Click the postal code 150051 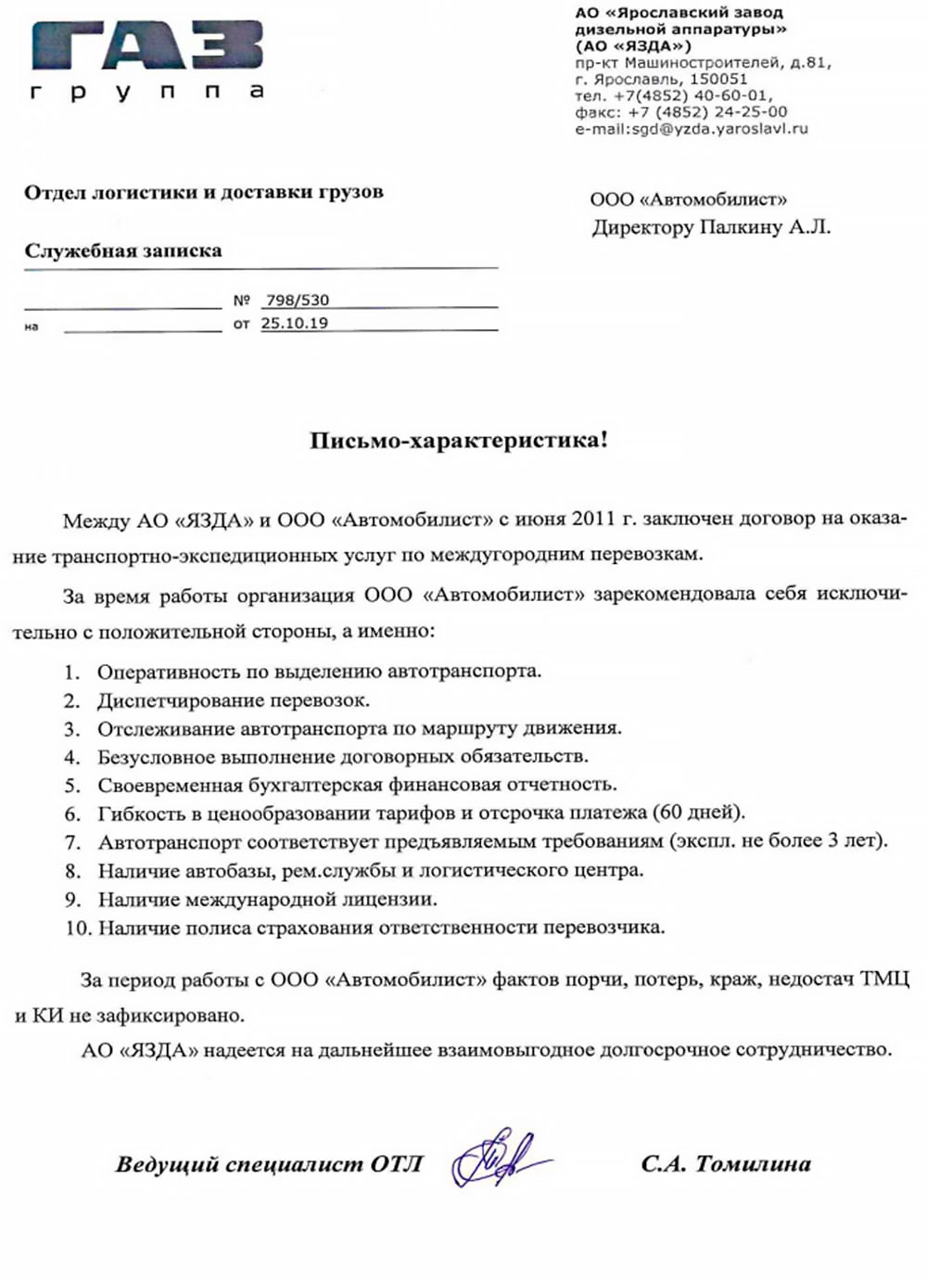[x=718, y=80]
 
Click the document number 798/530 [x=297, y=301]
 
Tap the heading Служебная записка [x=123, y=251]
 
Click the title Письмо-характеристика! [x=459, y=440]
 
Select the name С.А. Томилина [x=725, y=1163]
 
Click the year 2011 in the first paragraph [x=593, y=519]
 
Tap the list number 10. [x=78, y=928]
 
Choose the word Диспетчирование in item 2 [x=172, y=700]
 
